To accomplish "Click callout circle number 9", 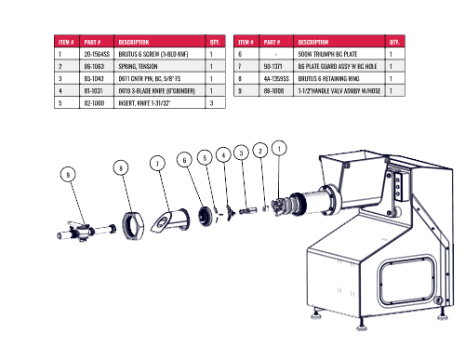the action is click(x=68, y=174).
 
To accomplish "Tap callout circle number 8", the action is click(x=121, y=167).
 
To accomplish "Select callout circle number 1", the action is click(x=279, y=149).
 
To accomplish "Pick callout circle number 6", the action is click(x=184, y=160).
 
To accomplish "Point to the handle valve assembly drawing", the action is click(x=86, y=232).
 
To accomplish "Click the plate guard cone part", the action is click(x=170, y=220).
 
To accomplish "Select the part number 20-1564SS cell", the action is click(x=97, y=54).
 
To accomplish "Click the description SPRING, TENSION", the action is click(x=138, y=66).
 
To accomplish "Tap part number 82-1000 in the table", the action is click(x=94, y=103).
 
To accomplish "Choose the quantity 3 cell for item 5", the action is click(x=215, y=103).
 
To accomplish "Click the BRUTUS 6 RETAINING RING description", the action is click(x=328, y=78).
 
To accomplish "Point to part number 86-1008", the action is click(x=273, y=91).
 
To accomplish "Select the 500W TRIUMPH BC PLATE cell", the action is click(x=339, y=54).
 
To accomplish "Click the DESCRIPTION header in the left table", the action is click(x=134, y=42).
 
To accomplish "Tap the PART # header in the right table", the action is click(x=272, y=42).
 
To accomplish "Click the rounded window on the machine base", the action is click(x=407, y=281).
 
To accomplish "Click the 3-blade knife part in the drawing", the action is click(x=230, y=213).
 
